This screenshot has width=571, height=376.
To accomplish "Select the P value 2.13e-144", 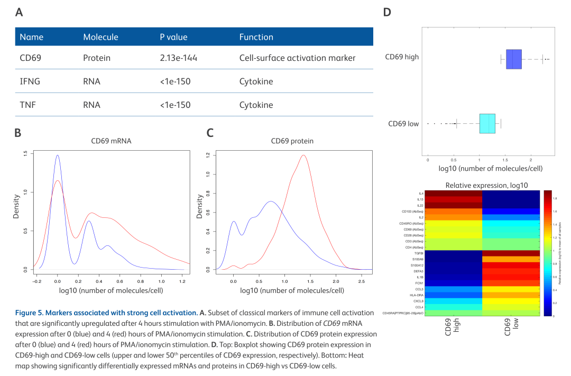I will point(178,58).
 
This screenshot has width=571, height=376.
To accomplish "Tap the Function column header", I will point(256,37).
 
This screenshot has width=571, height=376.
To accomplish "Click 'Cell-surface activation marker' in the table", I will point(297,58).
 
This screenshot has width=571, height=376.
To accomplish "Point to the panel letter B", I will point(17,133).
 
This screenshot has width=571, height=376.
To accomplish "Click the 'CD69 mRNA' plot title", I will point(111,141).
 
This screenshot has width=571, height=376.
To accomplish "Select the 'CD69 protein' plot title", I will point(292,141).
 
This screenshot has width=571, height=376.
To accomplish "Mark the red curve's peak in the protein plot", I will point(303,155).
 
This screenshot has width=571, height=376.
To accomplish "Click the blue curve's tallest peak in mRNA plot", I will point(57,155).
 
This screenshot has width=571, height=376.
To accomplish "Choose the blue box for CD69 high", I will point(513,59).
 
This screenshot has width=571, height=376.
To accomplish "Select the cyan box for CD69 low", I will point(487,123).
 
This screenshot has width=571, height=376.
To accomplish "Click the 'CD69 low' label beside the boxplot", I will point(403,124).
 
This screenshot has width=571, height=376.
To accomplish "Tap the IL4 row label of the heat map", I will point(421,194).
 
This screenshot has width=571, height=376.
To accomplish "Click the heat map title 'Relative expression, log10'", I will point(486,185).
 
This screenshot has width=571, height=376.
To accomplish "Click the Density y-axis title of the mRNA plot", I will point(16,207).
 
